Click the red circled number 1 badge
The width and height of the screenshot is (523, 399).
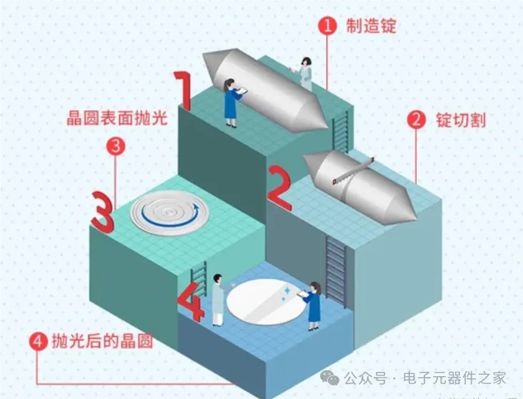coord(327,25)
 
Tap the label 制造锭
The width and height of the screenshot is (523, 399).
coord(371,25)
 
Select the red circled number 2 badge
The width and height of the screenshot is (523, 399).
coord(416,119)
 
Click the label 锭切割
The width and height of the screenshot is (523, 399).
coord(461,120)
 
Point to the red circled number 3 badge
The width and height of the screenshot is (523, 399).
coord(116,146)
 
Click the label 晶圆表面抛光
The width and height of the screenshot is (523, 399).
coord(116,118)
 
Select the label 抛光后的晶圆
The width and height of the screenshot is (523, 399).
coord(102,340)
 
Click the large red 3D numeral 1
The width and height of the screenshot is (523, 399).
coord(182,91)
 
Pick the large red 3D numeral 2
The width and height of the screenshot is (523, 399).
coord(280,188)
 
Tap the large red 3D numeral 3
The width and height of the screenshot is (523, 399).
coord(103,212)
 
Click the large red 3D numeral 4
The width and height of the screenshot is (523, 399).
coord(191,301)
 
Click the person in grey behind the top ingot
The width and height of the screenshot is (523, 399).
coord(304,74)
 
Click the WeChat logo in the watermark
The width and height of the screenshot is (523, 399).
coord(329,378)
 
